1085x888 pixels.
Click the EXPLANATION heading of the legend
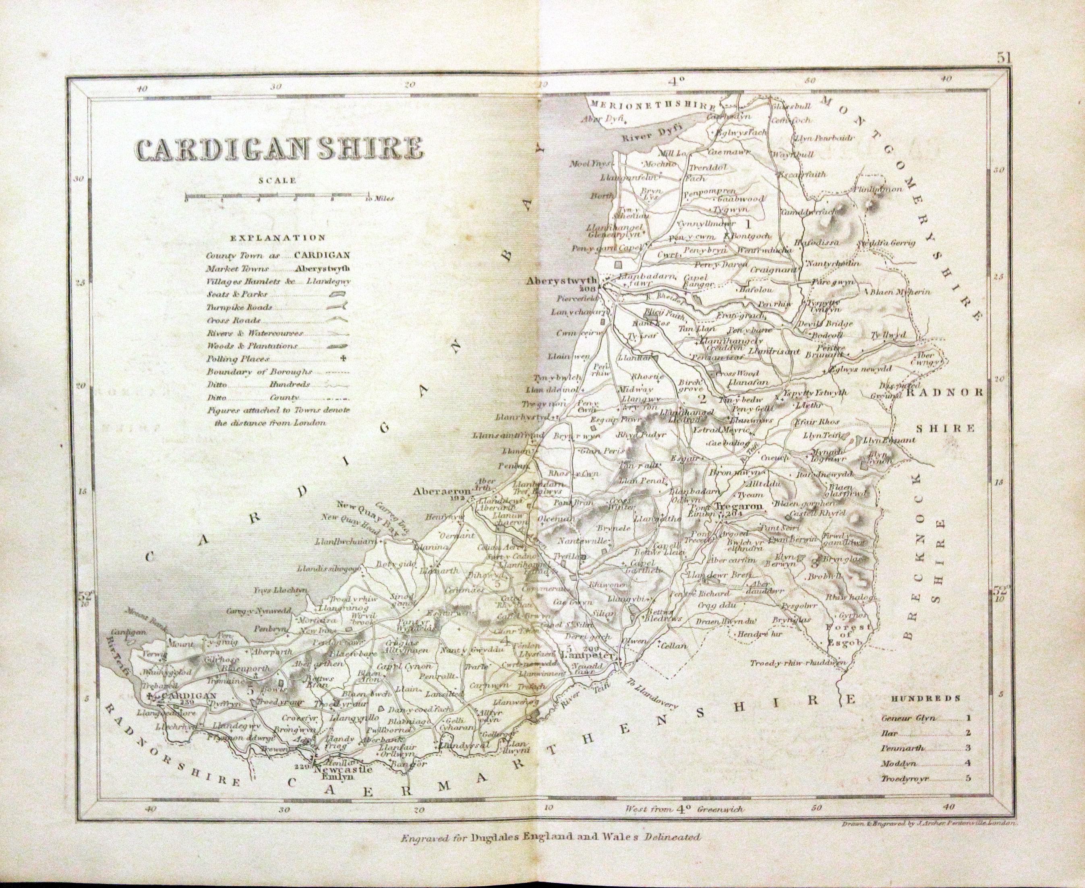pos(277,238)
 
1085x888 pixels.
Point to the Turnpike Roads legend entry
pos(239,307)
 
